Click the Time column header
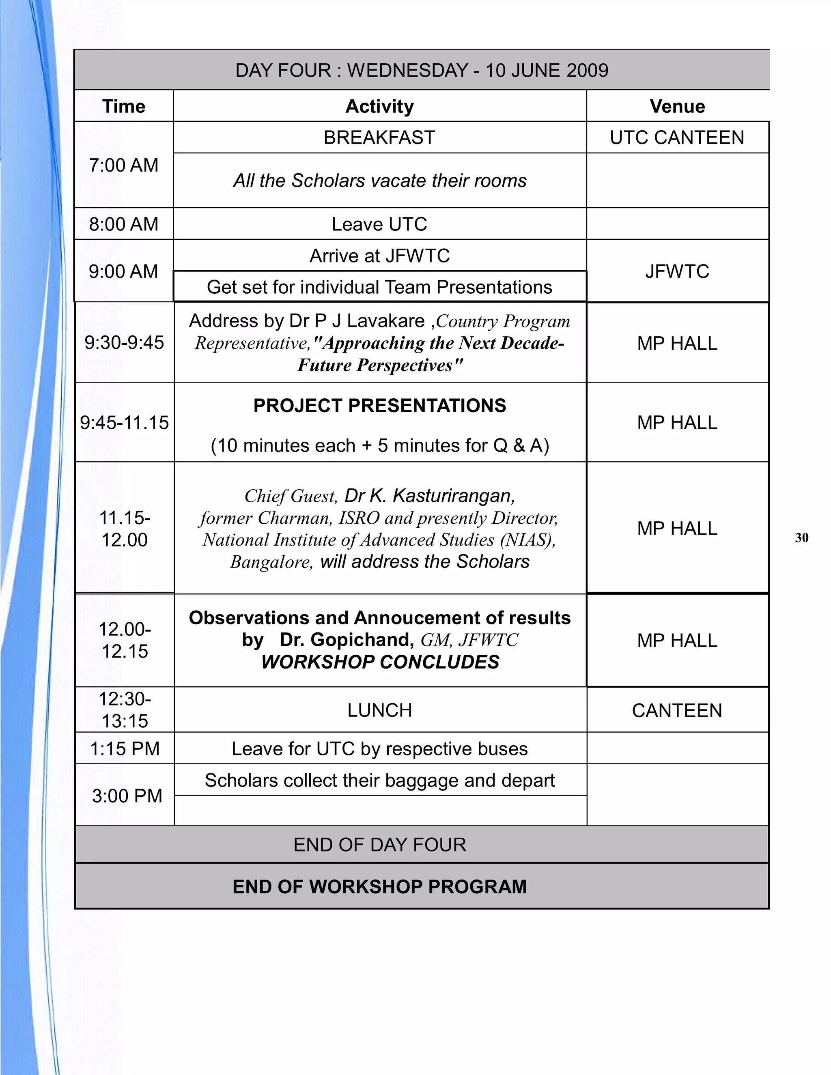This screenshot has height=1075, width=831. click(124, 106)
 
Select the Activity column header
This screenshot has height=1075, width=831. click(379, 106)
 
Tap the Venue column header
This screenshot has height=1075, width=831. click(677, 106)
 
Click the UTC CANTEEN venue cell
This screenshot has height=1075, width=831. click(677, 138)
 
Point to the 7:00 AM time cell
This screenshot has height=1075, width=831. click(124, 166)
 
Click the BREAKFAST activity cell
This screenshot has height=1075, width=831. click(379, 138)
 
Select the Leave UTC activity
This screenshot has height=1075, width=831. click(379, 224)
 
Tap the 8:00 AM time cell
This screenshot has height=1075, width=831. click(124, 224)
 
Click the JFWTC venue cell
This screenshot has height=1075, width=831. click(677, 271)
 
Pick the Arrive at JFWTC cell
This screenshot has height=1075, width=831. click(379, 256)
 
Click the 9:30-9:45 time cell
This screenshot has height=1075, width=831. click(124, 343)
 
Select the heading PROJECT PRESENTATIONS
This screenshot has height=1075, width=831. click(379, 406)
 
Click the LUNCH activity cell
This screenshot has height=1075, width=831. click(379, 710)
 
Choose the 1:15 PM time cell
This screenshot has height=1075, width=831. click(125, 749)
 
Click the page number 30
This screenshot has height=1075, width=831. click(801, 537)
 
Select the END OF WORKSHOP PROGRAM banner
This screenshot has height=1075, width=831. click(379, 886)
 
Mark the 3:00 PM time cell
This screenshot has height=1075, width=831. click(127, 796)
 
